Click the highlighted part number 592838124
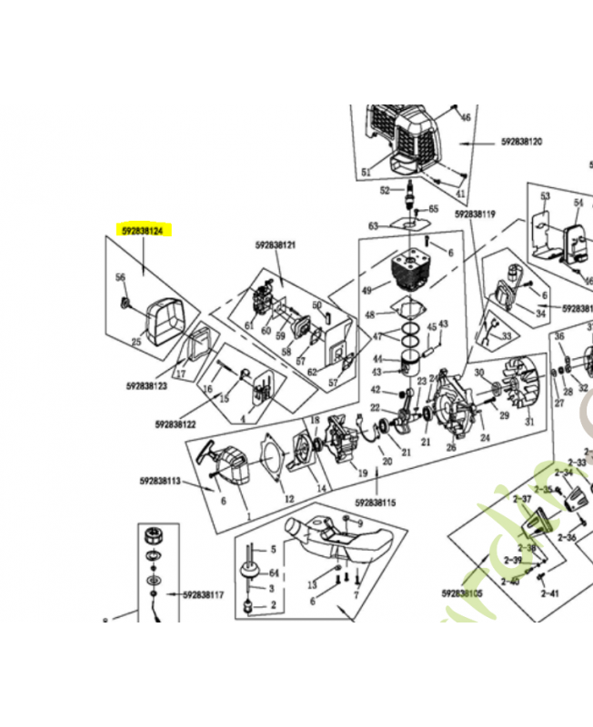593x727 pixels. point(143,232)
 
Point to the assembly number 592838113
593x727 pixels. point(160,480)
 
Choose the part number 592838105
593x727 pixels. point(462,593)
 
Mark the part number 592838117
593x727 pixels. point(203,596)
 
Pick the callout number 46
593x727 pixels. point(465,118)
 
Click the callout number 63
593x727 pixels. point(373,225)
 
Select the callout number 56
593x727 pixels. point(119,277)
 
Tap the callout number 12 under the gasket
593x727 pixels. point(288,498)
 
